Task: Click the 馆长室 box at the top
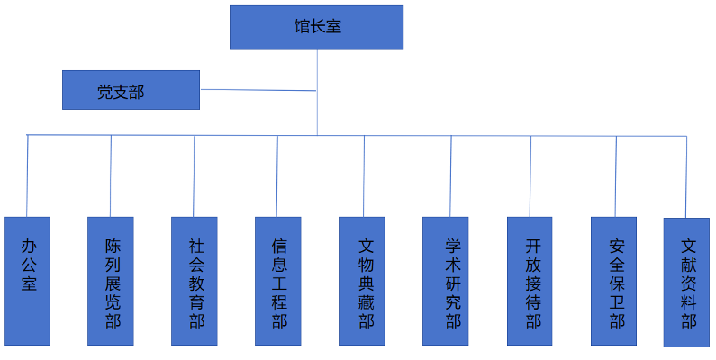[316, 28]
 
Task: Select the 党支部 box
[131, 90]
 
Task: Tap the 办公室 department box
[27, 281]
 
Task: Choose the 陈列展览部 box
[111, 281]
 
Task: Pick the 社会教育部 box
[195, 281]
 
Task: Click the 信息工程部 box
[278, 281]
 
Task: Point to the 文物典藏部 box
[362, 281]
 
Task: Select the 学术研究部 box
[446, 281]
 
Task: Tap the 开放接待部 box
[530, 281]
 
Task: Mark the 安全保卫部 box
[614, 281]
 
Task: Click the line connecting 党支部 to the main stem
[258, 90]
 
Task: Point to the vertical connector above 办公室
[28, 175]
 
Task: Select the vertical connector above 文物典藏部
[364, 175]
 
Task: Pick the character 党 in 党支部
[105, 92]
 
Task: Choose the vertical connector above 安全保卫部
[615, 175]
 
